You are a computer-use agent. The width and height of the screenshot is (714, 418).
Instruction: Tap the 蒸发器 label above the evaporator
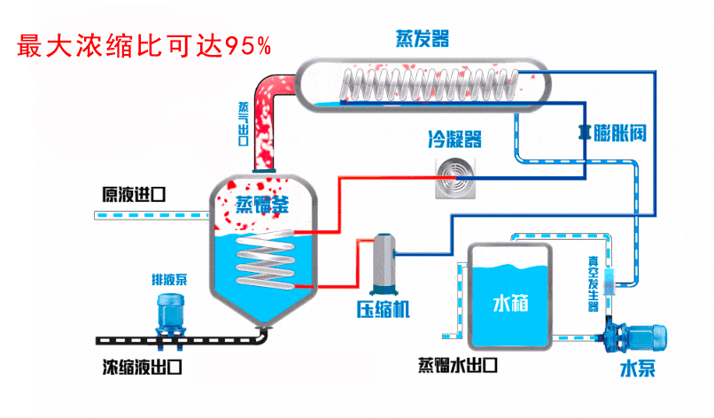pyautogui.click(x=422, y=38)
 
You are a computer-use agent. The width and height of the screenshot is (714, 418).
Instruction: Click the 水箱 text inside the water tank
pyautogui.click(x=510, y=304)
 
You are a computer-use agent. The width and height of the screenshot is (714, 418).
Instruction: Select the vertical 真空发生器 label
pyautogui.click(x=594, y=283)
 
